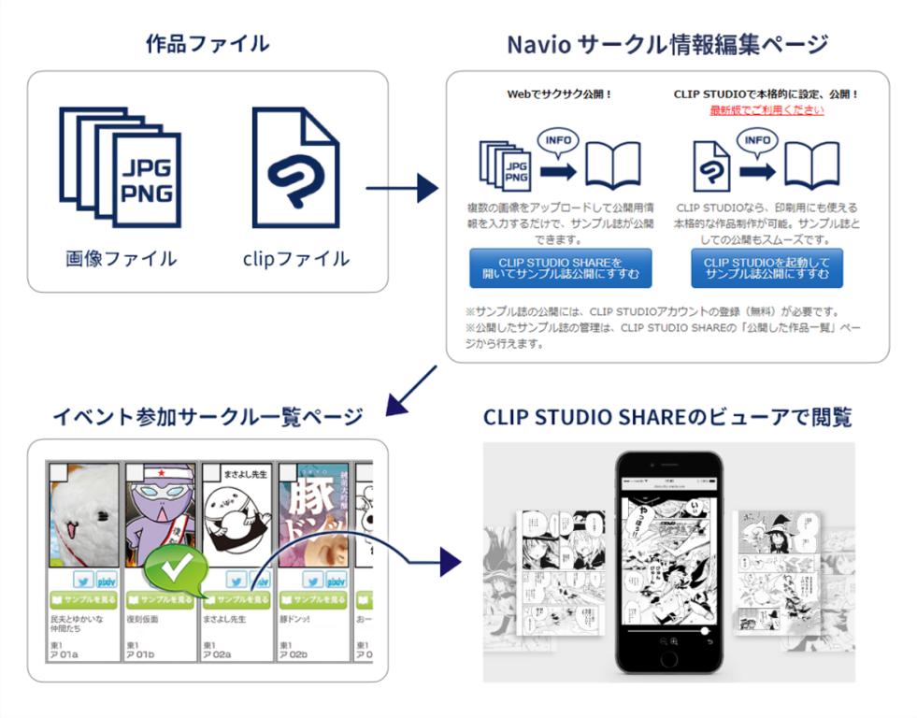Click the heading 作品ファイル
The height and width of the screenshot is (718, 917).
click(x=207, y=43)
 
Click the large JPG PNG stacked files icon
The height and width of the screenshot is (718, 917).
click(x=120, y=166)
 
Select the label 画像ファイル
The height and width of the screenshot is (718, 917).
click(x=121, y=258)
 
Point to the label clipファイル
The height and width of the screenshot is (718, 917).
click(x=294, y=258)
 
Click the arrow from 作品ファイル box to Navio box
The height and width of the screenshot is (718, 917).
click(x=401, y=188)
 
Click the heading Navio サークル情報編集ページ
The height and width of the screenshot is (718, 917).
click(x=666, y=44)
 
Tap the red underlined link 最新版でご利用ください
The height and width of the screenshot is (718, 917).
click(x=767, y=109)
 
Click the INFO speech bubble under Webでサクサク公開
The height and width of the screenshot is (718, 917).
click(x=558, y=143)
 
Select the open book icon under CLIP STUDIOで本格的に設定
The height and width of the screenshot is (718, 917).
click(x=811, y=166)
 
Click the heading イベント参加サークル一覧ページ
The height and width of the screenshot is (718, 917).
click(x=208, y=416)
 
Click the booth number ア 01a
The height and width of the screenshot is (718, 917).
click(x=64, y=653)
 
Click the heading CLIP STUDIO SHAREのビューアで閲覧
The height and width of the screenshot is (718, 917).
click(x=666, y=417)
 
